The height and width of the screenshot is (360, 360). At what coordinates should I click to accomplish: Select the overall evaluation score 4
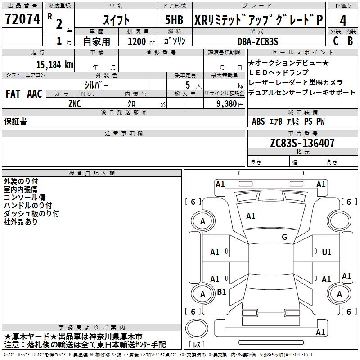pos(343,20)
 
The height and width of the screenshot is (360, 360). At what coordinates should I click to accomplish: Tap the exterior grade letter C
pos(335,40)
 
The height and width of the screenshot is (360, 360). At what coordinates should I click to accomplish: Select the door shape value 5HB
pos(174,20)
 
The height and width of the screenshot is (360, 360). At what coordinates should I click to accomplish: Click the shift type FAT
pos(13,94)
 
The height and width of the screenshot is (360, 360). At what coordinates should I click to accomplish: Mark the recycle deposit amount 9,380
pos(226,103)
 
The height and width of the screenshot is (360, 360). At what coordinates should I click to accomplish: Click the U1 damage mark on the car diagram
pos(327,252)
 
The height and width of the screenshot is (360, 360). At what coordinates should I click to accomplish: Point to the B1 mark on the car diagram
pos(221,292)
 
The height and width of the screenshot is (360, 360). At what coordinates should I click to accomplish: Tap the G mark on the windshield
pos(284,237)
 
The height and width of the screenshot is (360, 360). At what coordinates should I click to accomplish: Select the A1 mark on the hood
pos(251,216)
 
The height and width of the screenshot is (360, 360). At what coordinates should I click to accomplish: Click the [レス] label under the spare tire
pos(198,345)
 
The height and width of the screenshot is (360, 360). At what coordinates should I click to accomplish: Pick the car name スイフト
pos(117,20)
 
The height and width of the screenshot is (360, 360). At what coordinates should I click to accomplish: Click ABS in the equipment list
pos(258,121)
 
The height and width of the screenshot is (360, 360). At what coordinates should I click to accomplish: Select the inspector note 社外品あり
pos(21,221)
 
